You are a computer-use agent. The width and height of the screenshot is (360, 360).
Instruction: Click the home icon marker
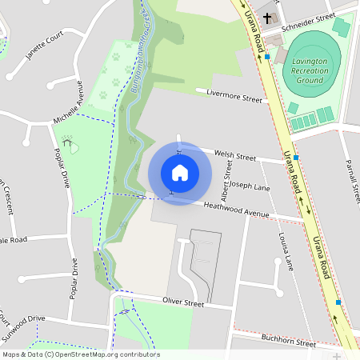tap(180, 172)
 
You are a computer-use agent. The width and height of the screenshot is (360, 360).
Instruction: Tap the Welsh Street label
tap(235, 155)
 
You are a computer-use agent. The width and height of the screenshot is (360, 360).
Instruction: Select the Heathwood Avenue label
tap(236, 210)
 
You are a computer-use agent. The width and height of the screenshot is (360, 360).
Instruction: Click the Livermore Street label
tap(234, 97)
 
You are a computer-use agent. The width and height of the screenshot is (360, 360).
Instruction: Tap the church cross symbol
tap(266, 16)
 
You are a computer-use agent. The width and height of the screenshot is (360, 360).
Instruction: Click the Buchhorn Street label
tap(289, 342)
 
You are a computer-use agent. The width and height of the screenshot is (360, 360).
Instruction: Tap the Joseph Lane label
tap(250, 186)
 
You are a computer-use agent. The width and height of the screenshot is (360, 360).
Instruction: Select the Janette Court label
tap(44, 46)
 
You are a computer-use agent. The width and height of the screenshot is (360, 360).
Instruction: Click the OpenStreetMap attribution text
tap(80, 354)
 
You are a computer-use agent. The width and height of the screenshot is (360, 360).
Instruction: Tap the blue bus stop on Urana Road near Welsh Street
tap(296, 158)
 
